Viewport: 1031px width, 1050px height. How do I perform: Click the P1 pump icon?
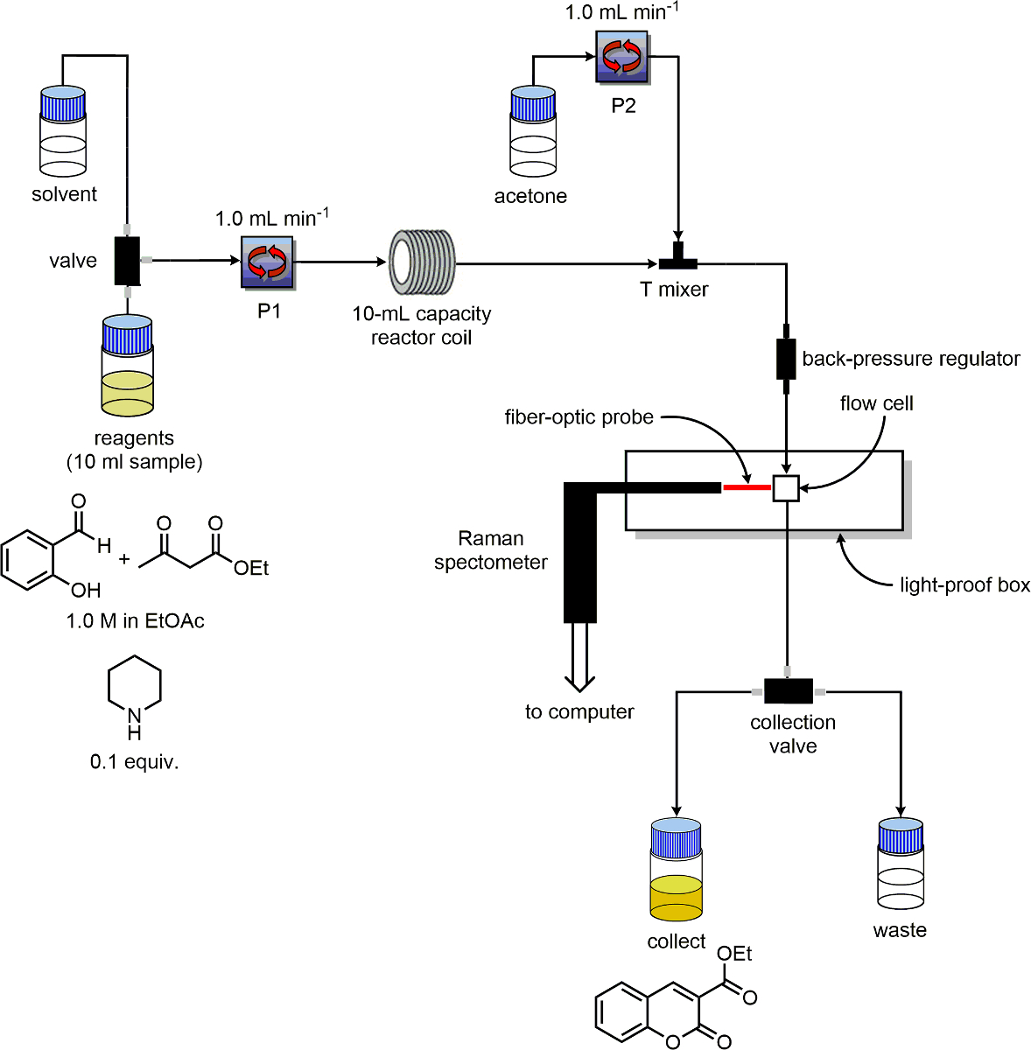coord(268,261)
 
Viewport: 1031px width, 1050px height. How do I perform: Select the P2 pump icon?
coord(622,57)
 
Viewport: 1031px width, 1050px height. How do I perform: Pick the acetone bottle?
coord(533,131)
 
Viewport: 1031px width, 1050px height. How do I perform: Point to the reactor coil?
coord(422,261)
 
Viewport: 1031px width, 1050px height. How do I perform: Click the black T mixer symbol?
coord(678,258)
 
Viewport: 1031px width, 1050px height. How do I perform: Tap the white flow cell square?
coord(786,488)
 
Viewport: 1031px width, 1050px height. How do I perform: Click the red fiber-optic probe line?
coord(747,487)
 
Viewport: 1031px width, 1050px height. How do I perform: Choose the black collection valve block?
coord(788,691)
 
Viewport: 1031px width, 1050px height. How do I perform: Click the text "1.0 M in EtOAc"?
coord(136,621)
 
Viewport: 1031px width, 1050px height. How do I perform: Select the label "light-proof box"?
coord(964,585)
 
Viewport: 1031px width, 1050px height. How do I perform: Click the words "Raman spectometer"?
coord(491,550)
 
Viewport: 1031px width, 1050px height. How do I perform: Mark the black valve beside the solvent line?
coord(127,261)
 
